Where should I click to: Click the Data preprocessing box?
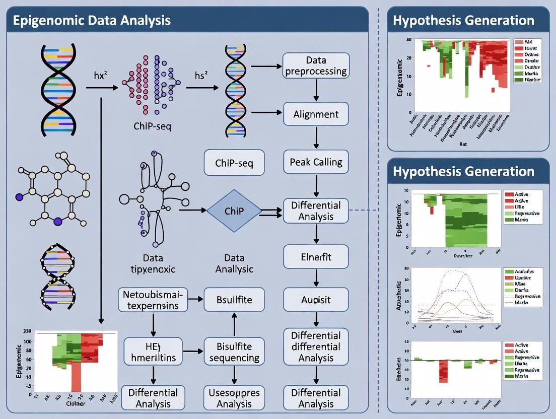(316, 65)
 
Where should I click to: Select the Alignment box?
(316, 114)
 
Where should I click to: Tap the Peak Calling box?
(316, 162)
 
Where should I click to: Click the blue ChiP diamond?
(234, 211)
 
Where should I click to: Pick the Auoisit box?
(316, 300)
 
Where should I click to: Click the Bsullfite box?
(234, 300)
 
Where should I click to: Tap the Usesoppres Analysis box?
(234, 398)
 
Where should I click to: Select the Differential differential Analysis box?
(316, 346)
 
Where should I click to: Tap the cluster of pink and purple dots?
(154, 83)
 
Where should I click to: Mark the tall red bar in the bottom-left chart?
(76, 378)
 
